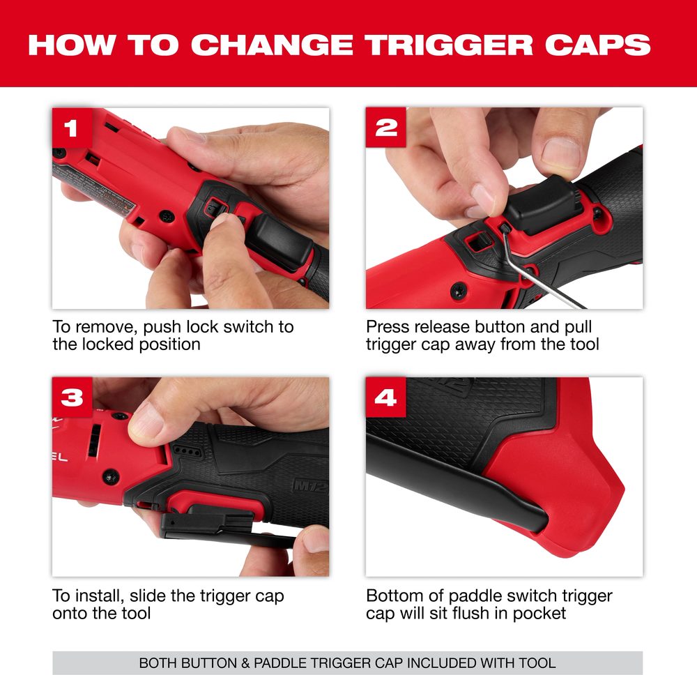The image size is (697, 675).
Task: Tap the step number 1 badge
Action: point(72,128)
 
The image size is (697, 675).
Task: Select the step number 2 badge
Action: point(386,128)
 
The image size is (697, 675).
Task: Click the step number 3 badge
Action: point(72,397)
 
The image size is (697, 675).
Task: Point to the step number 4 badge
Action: point(386,397)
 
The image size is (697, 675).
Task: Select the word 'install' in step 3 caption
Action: point(100,596)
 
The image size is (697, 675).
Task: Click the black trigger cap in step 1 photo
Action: point(278,240)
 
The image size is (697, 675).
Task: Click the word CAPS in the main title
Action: point(597,45)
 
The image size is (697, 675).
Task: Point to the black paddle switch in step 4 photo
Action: point(458,480)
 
